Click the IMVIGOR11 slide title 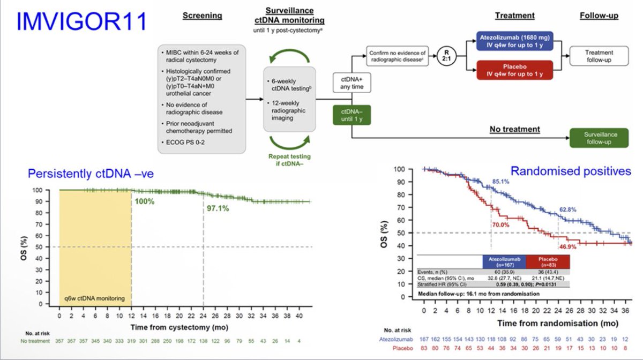point(80,22)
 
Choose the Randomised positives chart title point(570,171)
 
